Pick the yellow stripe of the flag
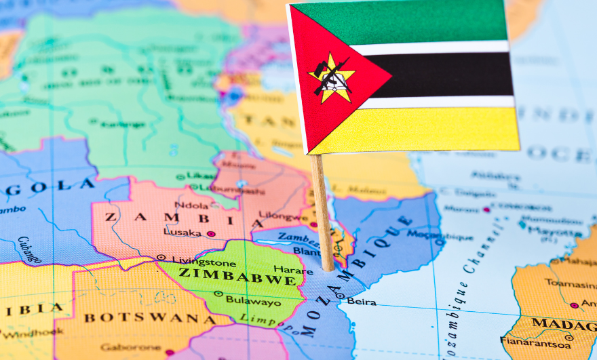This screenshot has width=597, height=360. point(434,129)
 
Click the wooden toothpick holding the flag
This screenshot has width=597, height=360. point(322,210)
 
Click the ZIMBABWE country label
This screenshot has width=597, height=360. point(237,276)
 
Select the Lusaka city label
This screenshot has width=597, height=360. point(181,233)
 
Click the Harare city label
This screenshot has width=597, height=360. point(293,271)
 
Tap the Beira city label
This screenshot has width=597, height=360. point(362,301)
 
